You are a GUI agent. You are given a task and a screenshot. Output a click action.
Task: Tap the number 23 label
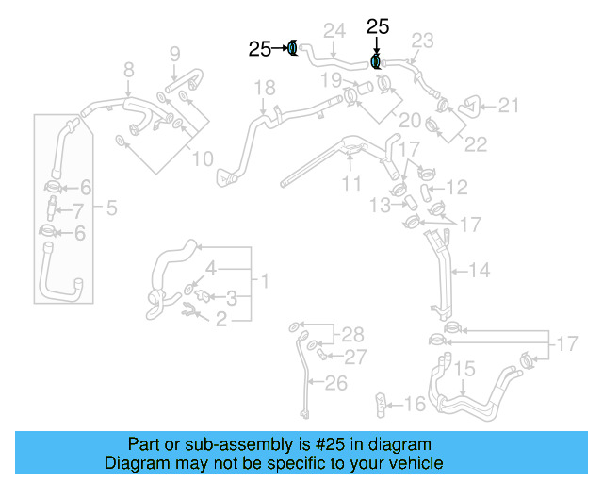422,41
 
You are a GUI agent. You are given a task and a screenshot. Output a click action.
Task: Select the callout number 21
508,106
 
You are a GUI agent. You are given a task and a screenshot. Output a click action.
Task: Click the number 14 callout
480,271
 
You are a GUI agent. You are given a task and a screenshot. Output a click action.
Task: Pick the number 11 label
351,183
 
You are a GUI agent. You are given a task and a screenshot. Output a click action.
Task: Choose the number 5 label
111,207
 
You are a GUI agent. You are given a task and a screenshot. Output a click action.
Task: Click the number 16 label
416,405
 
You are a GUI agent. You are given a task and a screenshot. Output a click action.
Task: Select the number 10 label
203,159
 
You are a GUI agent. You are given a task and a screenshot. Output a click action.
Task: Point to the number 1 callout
266,280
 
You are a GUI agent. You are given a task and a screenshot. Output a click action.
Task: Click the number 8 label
129,69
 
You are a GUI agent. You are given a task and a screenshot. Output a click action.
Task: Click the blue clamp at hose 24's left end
293,47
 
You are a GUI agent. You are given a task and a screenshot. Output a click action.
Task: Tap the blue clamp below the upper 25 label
376,62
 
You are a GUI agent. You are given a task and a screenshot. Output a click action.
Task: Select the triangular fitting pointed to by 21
468,108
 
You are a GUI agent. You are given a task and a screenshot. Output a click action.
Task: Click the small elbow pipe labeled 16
382,403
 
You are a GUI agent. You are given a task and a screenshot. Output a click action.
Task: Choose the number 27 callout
354,357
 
